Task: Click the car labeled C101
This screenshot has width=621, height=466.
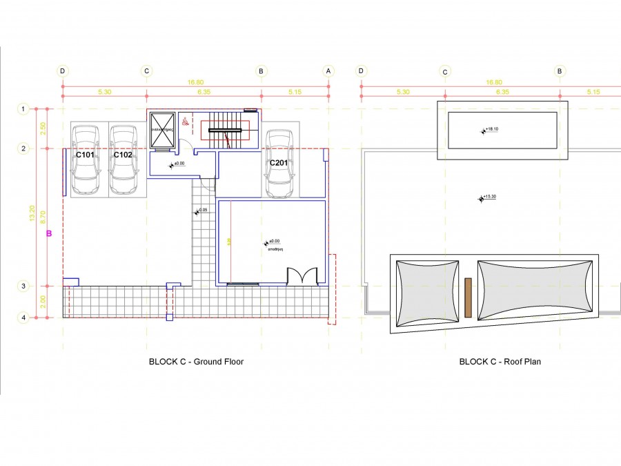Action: coord(86,160)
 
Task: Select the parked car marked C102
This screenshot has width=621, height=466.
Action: coord(123,160)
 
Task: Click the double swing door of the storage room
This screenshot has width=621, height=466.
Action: coord(302,276)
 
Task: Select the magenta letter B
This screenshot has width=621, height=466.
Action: coord(49,234)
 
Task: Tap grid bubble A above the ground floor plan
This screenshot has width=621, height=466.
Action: coord(328,71)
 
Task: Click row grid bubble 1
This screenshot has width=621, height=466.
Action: coord(23,109)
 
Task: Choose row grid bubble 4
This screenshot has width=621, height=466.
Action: coord(23,318)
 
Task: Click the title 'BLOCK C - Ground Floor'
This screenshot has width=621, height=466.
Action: coord(196,361)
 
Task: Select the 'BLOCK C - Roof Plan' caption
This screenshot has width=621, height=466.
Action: coord(500,361)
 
